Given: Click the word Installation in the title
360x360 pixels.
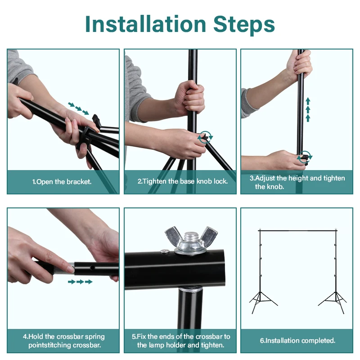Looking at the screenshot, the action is point(145,24).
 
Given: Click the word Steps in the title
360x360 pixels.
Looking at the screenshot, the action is point(244,25).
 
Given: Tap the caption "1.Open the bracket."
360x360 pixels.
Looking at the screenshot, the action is point(62,182).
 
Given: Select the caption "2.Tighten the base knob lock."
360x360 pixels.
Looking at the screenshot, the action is point(183,181).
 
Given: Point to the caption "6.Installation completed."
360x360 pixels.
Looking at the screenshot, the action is point(297,340).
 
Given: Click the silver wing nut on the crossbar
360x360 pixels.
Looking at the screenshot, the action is point(191,240).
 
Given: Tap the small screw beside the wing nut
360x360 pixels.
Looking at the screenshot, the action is point(165,252).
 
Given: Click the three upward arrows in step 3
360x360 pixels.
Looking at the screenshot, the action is point(308,110).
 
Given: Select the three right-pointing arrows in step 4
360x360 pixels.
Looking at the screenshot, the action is point(81,282).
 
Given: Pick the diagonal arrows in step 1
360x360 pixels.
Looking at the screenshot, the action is point(78,108).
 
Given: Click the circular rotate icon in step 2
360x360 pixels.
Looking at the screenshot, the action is point(205,138).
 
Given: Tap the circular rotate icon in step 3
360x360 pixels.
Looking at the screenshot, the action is point(305,157).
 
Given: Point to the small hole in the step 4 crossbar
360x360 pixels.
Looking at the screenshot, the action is point(92,268).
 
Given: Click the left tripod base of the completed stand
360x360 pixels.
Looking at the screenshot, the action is point(263,302).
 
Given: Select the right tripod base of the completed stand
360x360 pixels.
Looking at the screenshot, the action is point(333,302).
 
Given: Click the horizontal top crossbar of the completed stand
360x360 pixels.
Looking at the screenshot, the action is point(298,230).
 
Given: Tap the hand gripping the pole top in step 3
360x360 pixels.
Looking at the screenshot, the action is point(299,65).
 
